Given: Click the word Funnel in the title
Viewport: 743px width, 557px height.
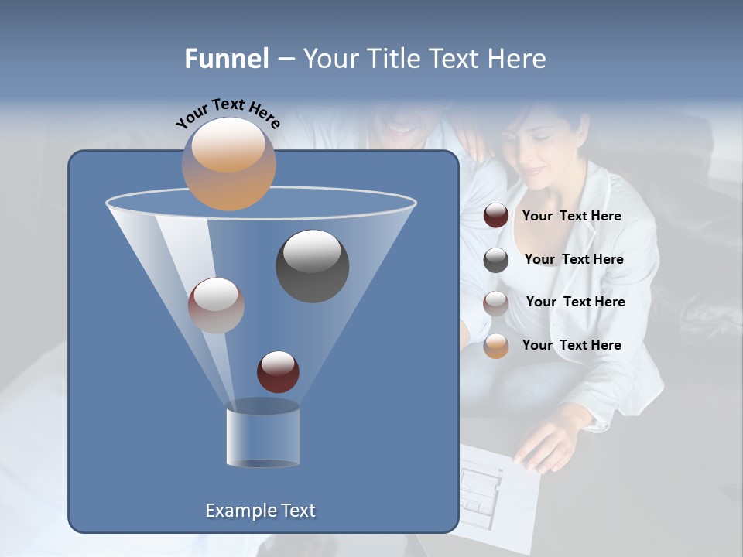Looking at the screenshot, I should tap(226, 59).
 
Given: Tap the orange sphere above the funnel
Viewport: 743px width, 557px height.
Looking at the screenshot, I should tap(228, 163).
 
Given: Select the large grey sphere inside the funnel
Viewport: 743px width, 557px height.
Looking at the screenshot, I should tap(312, 265).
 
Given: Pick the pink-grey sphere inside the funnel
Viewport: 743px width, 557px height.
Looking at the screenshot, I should tap(216, 306).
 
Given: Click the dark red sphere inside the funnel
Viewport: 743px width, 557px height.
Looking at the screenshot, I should tap(278, 371).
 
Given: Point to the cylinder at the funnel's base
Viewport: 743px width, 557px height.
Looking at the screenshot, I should tap(262, 436).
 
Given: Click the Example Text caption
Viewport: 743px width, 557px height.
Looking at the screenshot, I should tap(261, 511).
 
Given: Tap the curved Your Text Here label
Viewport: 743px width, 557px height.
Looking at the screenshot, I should tap(228, 113).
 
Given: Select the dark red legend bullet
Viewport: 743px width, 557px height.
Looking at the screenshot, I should tap(496, 216).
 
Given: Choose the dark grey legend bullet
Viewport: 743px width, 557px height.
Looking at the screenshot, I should tap(496, 260).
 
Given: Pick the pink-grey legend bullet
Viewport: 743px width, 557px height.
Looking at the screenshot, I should tap(496, 302).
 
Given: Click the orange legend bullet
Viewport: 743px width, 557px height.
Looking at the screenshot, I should tap(496, 346).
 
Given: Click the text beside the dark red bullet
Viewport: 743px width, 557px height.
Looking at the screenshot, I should tap(571, 217).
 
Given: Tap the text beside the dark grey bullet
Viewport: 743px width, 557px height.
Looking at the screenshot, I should tap(574, 260).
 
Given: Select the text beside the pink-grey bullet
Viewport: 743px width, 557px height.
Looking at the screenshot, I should tap(575, 302).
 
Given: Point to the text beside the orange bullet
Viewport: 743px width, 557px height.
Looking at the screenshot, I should tap(571, 346).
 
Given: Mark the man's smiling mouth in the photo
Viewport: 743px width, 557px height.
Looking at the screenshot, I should tap(402, 127).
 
